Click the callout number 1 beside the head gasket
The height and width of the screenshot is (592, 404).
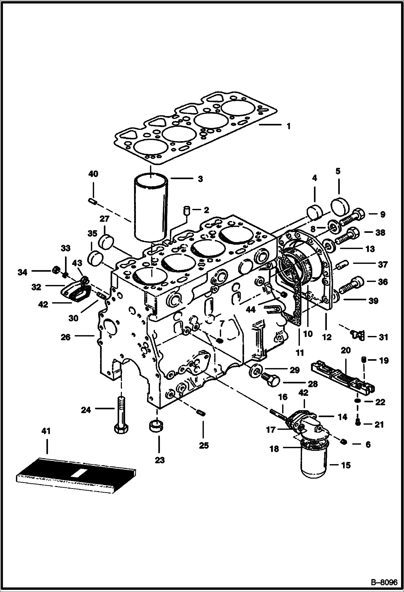[288, 126]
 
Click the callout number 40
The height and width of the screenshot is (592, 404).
[93, 174]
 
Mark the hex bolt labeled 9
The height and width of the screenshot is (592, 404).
[352, 216]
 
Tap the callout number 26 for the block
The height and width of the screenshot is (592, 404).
[66, 337]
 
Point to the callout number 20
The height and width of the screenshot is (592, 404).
[346, 351]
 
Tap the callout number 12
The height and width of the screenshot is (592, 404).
[327, 337]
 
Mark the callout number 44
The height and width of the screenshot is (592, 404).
[251, 309]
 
